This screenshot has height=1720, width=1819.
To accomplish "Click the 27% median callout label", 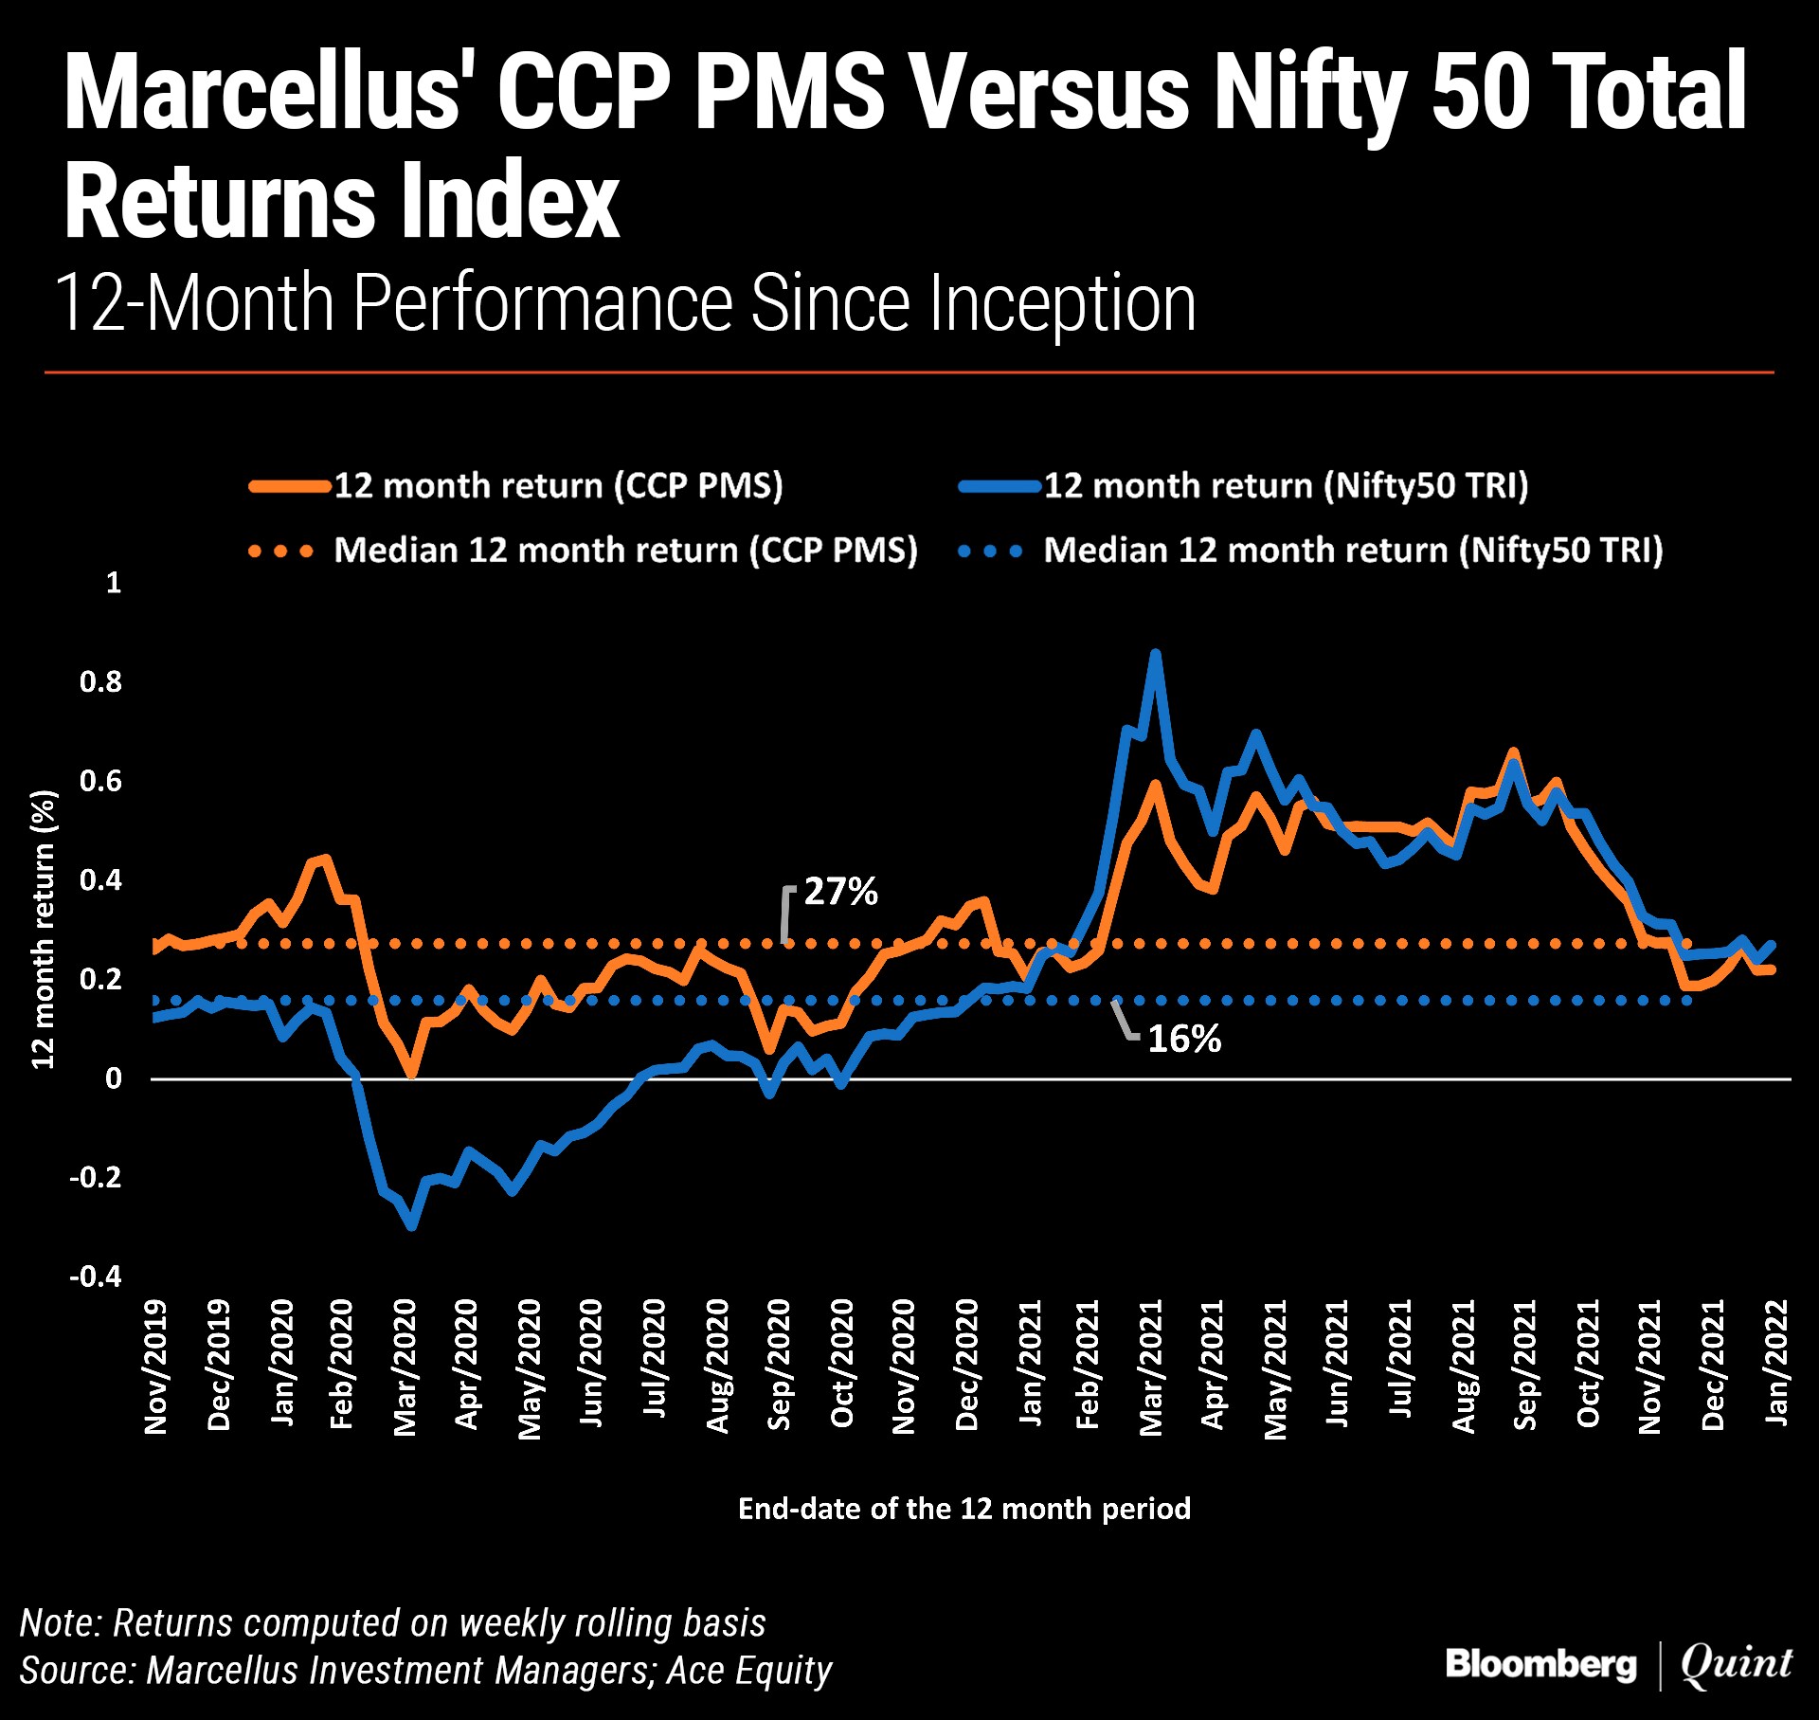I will click(x=840, y=892).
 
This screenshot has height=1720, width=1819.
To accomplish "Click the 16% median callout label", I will click(x=1184, y=1040).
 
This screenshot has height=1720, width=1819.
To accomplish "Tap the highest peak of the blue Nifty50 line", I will click(x=1154, y=654).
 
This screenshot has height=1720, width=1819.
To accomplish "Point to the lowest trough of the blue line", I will click(x=411, y=1226).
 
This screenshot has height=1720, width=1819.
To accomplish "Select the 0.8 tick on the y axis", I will click(x=100, y=681).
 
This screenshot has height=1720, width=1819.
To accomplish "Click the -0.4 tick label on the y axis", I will click(x=96, y=1276).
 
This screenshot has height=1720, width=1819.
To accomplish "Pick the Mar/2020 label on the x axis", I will click(x=405, y=1367).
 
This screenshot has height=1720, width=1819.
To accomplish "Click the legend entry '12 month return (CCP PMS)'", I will click(x=558, y=486).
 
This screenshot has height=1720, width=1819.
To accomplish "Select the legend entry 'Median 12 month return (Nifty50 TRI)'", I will click(x=1353, y=551).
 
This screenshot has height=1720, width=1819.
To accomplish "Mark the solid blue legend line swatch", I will click(x=1000, y=487).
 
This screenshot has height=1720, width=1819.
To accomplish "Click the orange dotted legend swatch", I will click(x=280, y=552).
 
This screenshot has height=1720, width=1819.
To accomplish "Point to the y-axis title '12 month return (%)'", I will click(x=44, y=929).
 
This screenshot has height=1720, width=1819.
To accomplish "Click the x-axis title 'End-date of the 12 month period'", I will click(x=964, y=1509).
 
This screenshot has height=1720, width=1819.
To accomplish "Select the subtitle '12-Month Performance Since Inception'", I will click(x=625, y=303).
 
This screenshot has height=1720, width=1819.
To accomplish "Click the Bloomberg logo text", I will click(x=1540, y=1665).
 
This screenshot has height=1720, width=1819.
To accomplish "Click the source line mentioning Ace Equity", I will click(x=425, y=1671).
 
